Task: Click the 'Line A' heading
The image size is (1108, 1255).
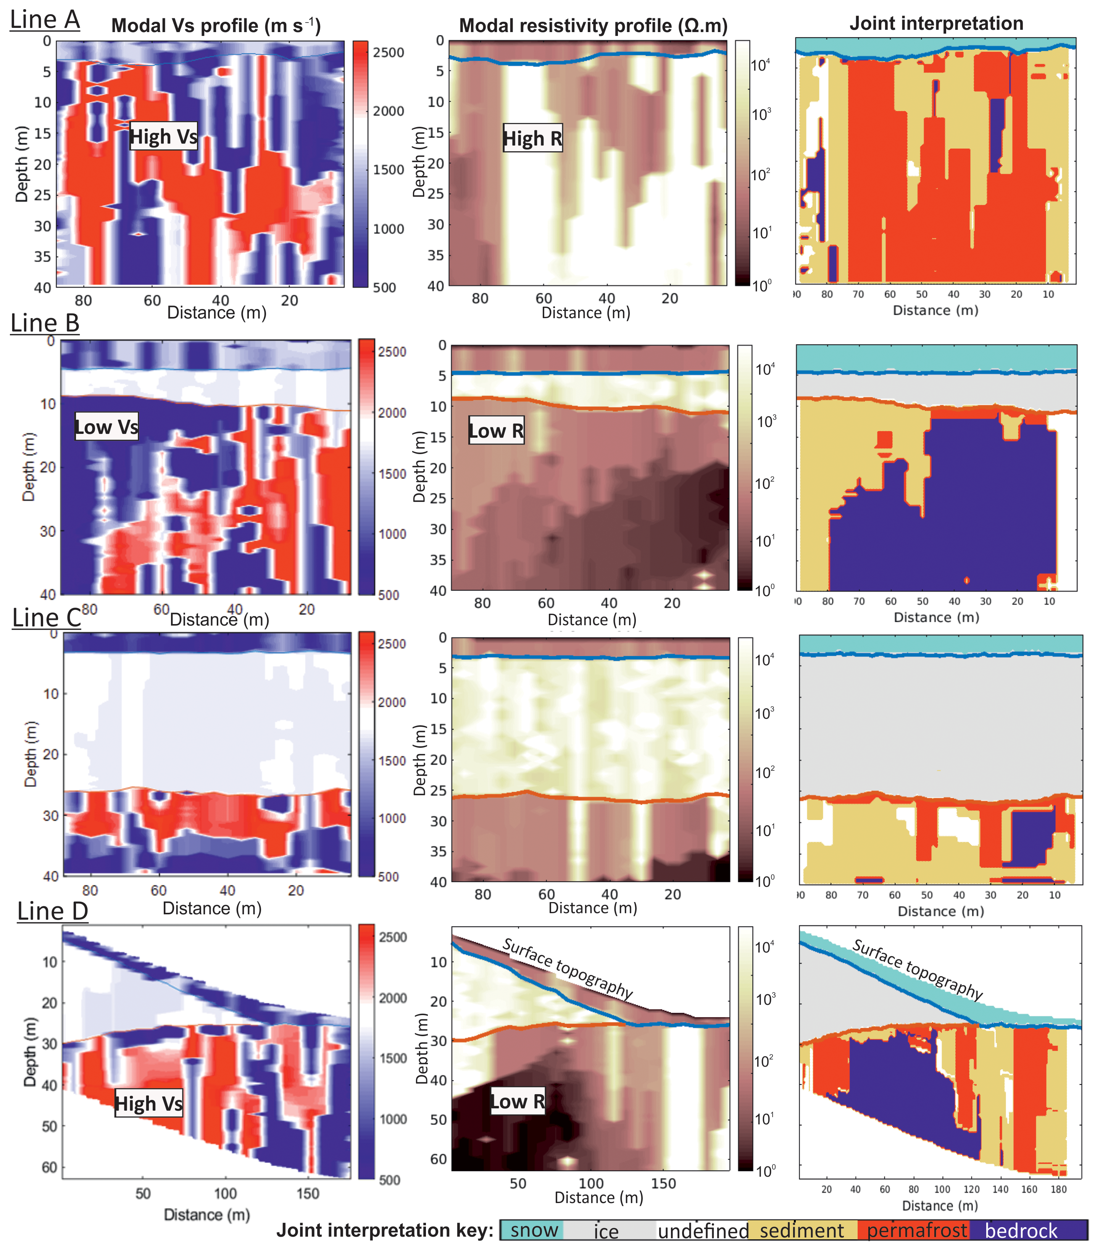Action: tap(45, 19)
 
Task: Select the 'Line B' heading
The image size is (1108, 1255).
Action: tap(45, 322)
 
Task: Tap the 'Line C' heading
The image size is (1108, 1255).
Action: tap(47, 617)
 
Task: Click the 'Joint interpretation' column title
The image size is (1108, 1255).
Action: tap(936, 23)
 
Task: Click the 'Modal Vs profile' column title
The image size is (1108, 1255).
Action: tap(216, 26)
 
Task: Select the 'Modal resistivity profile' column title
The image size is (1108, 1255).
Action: tap(593, 26)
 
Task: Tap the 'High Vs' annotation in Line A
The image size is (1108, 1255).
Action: tap(163, 136)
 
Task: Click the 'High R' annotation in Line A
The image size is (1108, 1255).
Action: tap(532, 139)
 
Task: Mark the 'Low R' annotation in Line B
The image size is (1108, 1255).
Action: tap(496, 431)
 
